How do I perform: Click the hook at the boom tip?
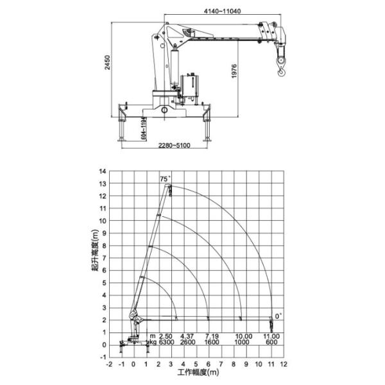[x=280, y=65]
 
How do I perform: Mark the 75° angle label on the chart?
[x=165, y=180]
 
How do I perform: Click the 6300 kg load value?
[x=166, y=343]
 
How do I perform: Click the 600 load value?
[x=271, y=343]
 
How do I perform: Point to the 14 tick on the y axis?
[x=101, y=171]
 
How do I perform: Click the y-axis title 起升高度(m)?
[x=94, y=257]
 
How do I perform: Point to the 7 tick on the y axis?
[x=103, y=258]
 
